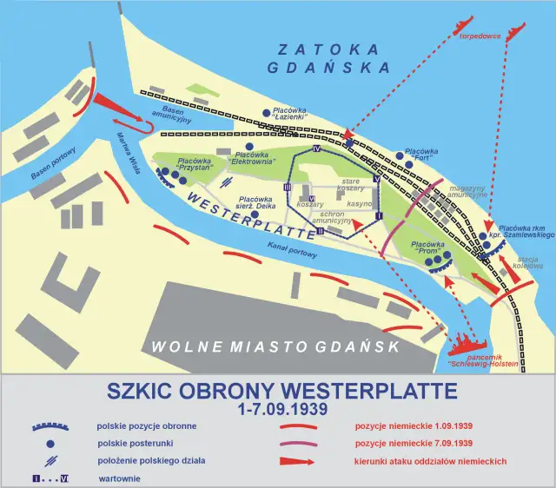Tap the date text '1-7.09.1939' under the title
pyautogui.click(x=281, y=406)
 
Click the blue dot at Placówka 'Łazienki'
pyautogui.click(x=267, y=113)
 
